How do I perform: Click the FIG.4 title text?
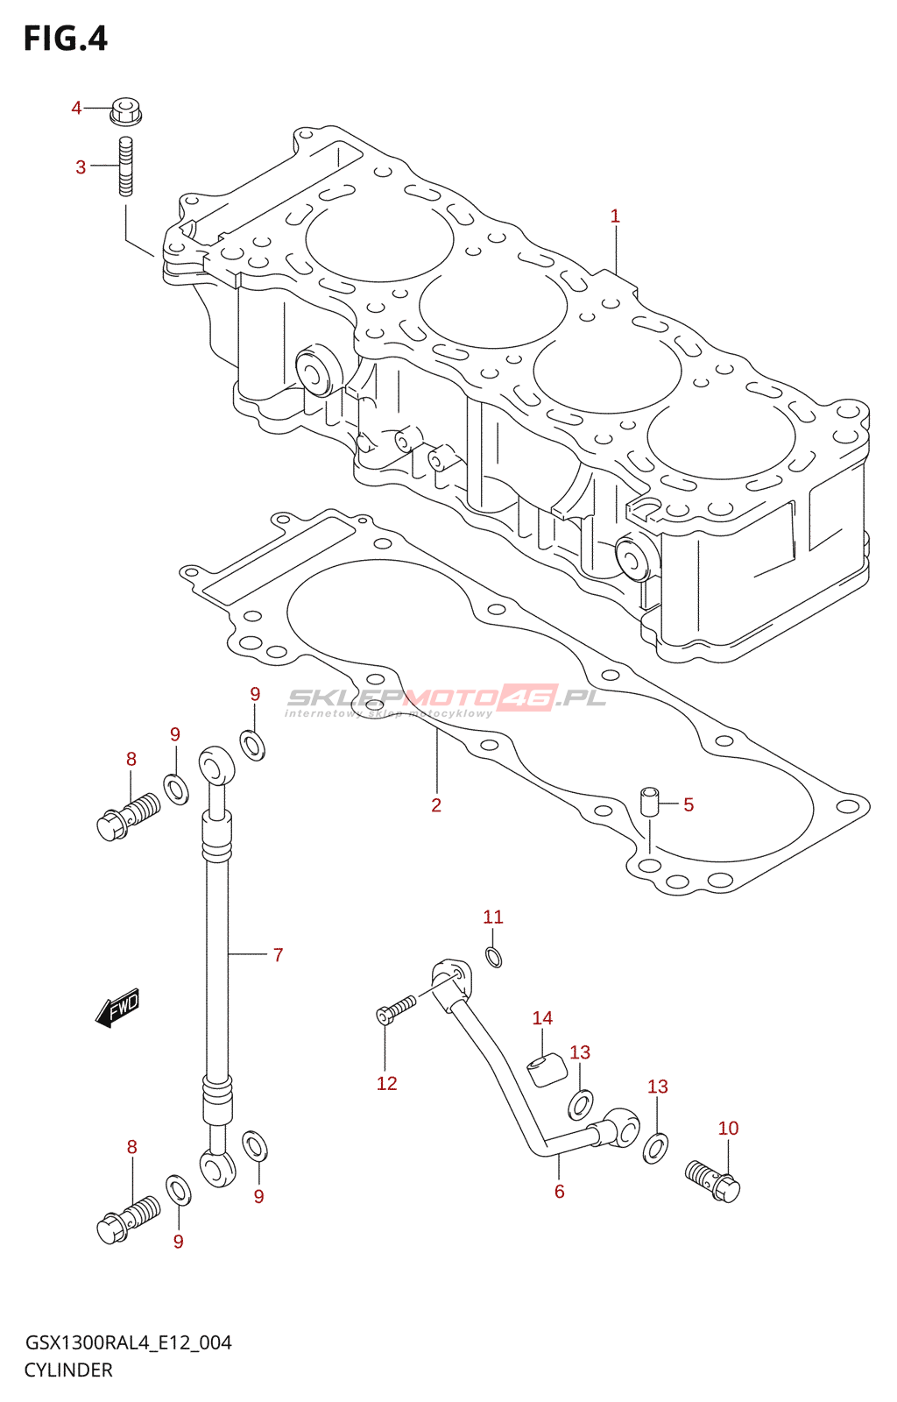(x=66, y=39)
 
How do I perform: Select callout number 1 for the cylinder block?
(x=615, y=216)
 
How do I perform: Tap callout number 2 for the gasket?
(x=436, y=805)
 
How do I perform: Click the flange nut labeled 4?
(x=126, y=111)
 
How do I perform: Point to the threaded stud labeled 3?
(x=126, y=166)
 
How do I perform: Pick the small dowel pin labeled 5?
(x=649, y=802)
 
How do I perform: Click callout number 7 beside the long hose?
(x=278, y=955)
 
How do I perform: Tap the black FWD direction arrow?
(x=117, y=1008)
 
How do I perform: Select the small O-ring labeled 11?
(x=493, y=957)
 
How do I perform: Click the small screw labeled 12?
(x=396, y=1009)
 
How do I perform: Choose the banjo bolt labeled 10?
(x=712, y=1181)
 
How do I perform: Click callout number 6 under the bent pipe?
(x=559, y=1192)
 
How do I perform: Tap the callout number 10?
(x=728, y=1129)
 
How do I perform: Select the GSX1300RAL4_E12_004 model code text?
(x=128, y=1343)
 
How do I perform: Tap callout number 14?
(x=542, y=1018)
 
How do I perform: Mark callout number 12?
(x=386, y=1083)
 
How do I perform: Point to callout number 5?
(x=688, y=805)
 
